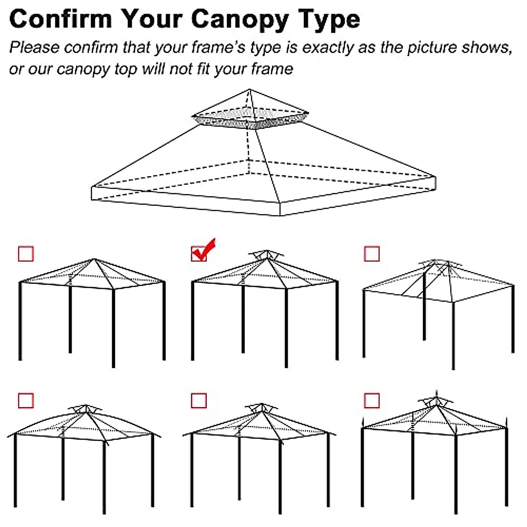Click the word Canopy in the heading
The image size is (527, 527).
(x=240, y=20)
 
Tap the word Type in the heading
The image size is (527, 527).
(x=329, y=20)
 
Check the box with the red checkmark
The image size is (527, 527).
(x=199, y=253)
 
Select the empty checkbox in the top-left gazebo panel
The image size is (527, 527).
(x=26, y=253)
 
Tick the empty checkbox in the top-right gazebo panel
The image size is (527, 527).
(x=372, y=253)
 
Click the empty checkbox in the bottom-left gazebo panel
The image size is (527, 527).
(x=26, y=401)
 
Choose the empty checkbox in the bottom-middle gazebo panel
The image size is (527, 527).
(x=199, y=401)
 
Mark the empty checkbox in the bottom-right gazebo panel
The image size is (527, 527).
(x=372, y=401)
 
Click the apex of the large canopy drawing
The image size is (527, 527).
(x=250, y=90)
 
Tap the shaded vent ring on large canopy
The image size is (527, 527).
(x=249, y=119)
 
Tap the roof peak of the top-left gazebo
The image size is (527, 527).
(x=94, y=260)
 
